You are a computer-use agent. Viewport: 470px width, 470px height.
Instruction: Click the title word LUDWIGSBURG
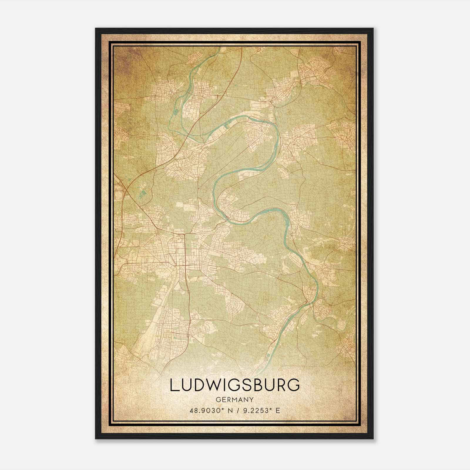[x=235, y=385]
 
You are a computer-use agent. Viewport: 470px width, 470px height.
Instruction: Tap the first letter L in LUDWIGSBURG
[x=173, y=385]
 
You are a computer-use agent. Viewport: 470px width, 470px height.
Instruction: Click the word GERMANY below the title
[x=235, y=399]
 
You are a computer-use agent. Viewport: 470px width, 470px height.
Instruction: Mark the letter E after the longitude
[x=278, y=410]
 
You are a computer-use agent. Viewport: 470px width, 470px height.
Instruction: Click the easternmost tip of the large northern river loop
[x=278, y=138]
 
